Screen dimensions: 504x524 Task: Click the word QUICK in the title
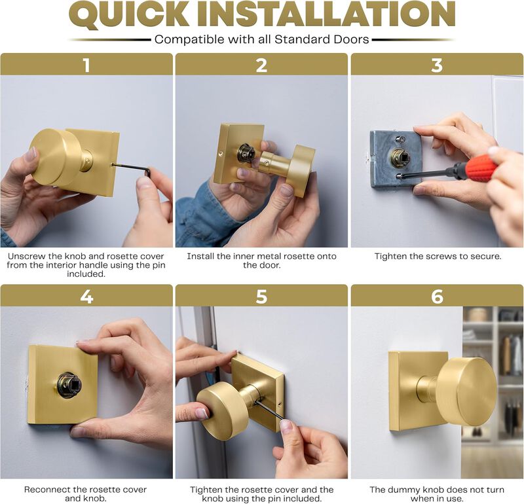click(135, 16)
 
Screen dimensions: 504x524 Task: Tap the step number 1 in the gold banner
click(86, 65)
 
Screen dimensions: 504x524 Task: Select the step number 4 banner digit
click(86, 296)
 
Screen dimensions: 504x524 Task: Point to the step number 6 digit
click(437, 296)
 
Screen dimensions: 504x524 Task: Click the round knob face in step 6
click(467, 391)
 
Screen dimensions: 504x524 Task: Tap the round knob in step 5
click(221, 410)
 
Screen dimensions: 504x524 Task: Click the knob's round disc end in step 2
click(301, 170)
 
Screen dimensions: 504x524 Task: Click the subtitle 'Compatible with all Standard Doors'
click(262, 39)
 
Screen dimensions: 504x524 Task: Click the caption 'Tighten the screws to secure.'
click(438, 257)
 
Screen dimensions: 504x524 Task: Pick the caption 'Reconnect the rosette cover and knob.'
click(86, 494)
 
